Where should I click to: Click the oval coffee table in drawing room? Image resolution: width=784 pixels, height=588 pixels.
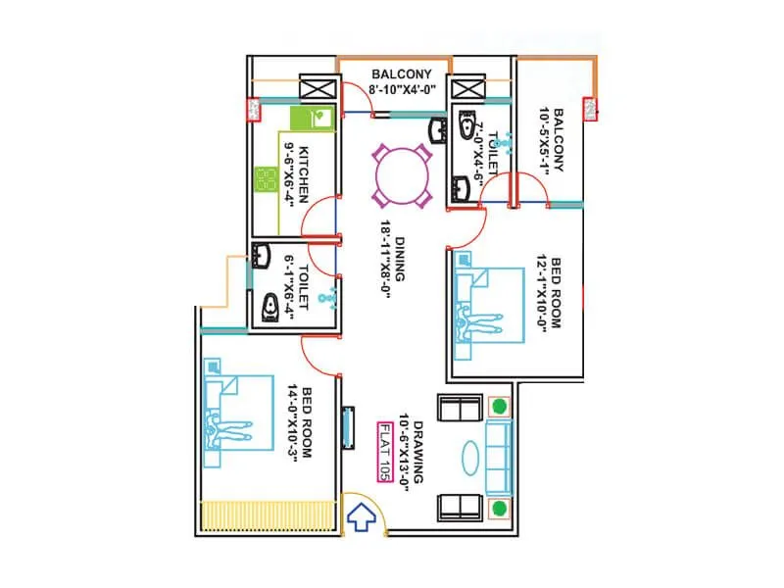469,458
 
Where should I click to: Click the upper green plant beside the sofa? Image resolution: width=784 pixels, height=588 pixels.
500,406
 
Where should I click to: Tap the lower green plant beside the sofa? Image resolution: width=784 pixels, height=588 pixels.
500,507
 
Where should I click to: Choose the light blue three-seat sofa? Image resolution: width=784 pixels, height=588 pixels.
498,457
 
